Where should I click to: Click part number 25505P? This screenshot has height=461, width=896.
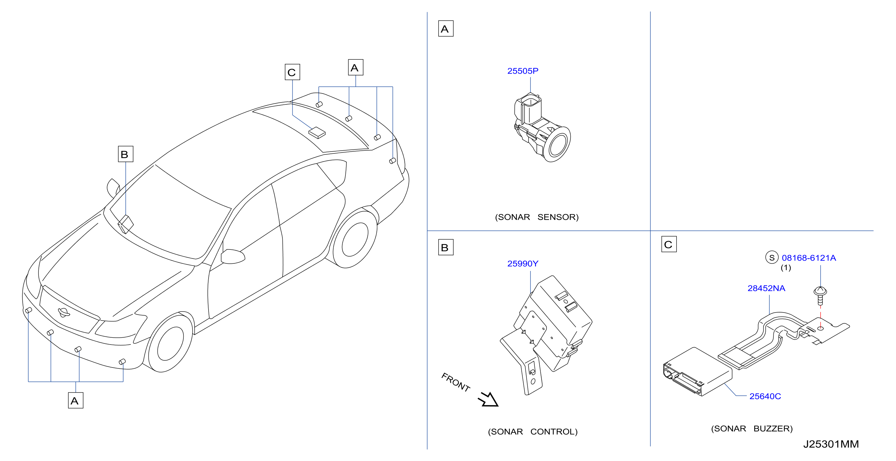click(x=522, y=71)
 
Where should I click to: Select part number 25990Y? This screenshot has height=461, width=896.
click(x=522, y=264)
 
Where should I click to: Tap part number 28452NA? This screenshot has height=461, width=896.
click(x=766, y=288)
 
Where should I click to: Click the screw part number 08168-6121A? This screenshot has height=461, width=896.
click(x=809, y=258)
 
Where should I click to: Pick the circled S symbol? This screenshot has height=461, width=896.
click(x=772, y=258)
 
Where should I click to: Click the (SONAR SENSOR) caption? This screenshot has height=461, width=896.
click(x=537, y=217)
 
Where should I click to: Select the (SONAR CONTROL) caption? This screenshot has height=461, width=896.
click(x=533, y=432)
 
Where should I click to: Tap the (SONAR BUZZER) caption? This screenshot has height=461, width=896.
click(x=752, y=429)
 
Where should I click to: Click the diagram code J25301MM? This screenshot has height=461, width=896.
click(x=831, y=444)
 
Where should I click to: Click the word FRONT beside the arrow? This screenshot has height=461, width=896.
click(x=456, y=382)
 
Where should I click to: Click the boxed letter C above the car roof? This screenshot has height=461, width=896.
click(x=292, y=72)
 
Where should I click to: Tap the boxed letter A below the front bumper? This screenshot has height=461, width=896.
click(x=75, y=400)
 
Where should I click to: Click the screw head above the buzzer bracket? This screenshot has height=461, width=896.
click(x=820, y=291)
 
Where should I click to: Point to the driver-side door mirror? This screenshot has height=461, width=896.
click(x=233, y=256)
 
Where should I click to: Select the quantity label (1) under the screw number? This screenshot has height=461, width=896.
click(x=786, y=268)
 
